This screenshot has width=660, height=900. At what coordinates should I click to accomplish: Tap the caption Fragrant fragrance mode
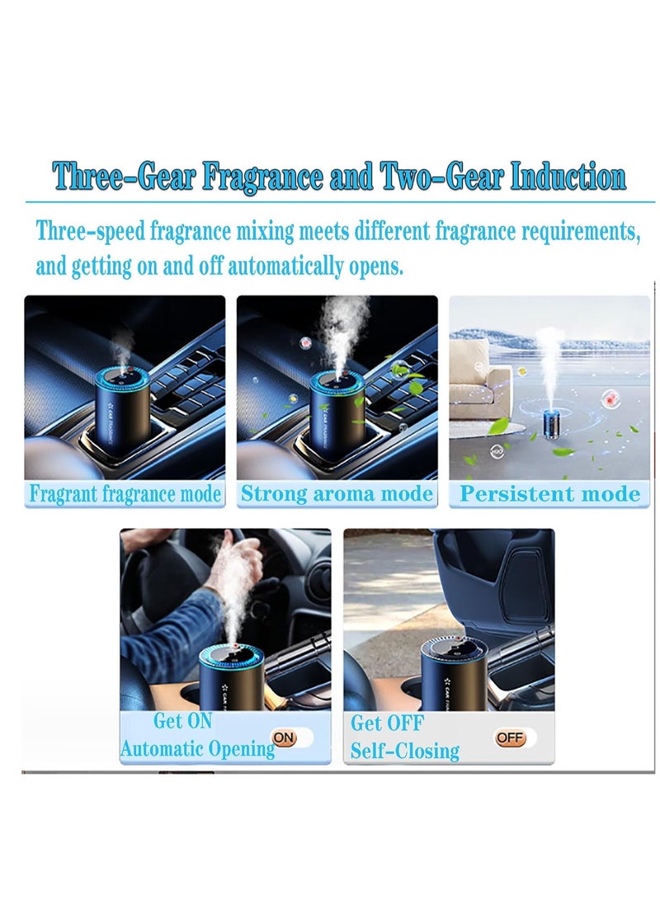pos(125,494)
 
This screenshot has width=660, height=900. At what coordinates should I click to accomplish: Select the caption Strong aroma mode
pos(337,494)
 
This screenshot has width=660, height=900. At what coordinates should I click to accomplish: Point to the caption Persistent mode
pos(549,494)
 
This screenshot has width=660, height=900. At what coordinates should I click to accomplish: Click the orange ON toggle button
pos(284,737)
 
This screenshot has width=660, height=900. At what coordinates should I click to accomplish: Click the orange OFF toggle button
pos(509,737)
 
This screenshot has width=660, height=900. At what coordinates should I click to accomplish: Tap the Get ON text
pos(182,721)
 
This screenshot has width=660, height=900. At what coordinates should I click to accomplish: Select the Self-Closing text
pos(405,751)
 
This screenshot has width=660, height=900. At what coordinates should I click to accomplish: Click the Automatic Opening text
pos(197,749)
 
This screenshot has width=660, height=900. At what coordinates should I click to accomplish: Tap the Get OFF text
pos(387,723)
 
